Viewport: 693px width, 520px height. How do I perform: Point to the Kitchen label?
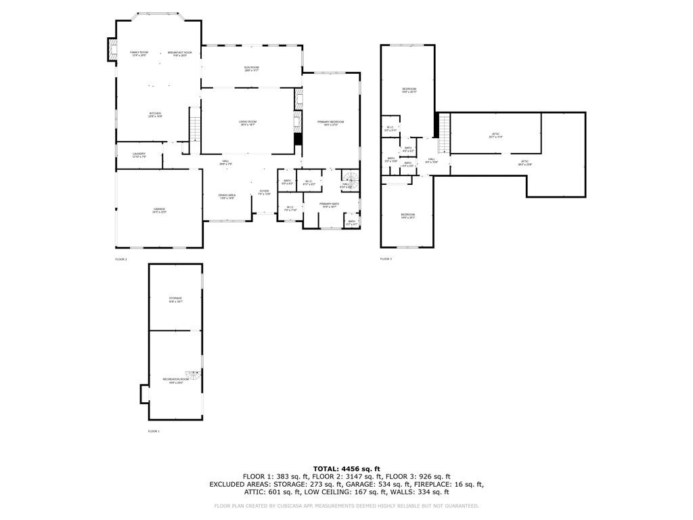coord(156,114)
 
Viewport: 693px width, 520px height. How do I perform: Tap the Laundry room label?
coord(139,155)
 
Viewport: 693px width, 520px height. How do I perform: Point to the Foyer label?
coord(264,192)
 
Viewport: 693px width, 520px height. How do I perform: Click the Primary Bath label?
coord(330,204)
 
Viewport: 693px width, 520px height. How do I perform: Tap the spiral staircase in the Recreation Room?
coord(194,376)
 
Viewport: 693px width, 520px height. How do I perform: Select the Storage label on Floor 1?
coord(175,299)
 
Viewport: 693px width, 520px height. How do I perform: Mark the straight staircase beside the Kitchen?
coord(195,125)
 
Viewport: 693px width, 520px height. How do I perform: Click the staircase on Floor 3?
coord(444,126)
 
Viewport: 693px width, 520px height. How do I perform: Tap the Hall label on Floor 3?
coord(432,160)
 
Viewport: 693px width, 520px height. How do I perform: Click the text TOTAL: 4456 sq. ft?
coord(346,469)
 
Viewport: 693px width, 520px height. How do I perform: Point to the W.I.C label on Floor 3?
coord(390,128)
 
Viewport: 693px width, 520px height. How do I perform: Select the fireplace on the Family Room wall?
coord(112,48)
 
